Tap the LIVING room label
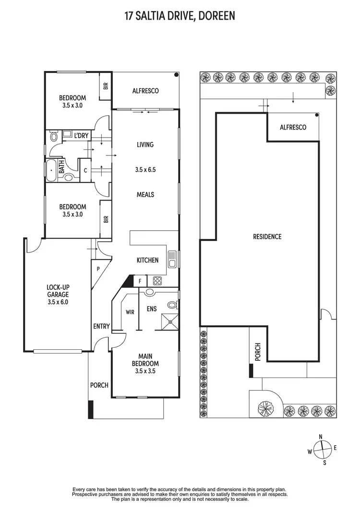pos(145,144)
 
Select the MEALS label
pos(145,194)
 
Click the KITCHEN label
pos(147,260)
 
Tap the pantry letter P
pos(98,269)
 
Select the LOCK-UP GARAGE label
pos(58,295)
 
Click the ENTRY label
pos(101,326)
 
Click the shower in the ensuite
pos(168,321)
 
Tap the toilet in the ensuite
pos(172,305)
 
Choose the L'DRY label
pos(81,136)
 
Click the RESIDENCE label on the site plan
pos(267,237)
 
